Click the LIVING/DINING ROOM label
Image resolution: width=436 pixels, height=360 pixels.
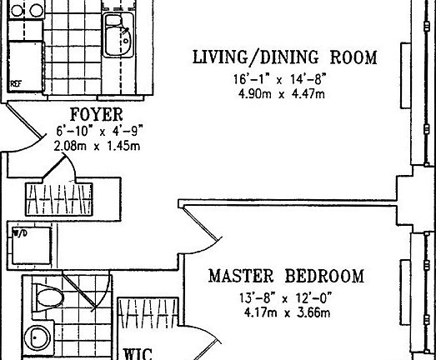pos(284,58)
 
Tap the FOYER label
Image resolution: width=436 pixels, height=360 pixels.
pos(96,114)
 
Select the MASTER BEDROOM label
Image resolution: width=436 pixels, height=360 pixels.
pos(286,276)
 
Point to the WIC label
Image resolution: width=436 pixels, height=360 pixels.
pos(138,353)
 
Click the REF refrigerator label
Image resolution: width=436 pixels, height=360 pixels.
pos(15,84)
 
